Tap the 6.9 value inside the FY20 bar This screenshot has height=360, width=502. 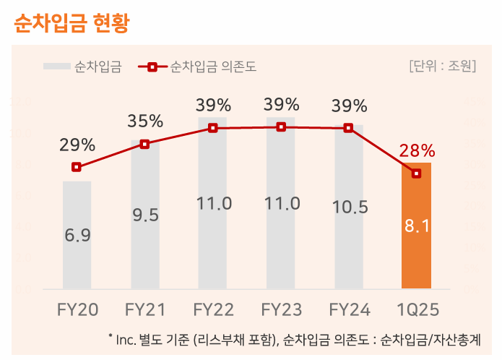(x=77, y=235)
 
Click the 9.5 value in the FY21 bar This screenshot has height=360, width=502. (x=145, y=215)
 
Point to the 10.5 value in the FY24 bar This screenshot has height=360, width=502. (x=350, y=207)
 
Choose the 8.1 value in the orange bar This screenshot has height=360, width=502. (x=417, y=226)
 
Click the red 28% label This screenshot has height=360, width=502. (x=417, y=151)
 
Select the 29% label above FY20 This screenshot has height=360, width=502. (x=77, y=145)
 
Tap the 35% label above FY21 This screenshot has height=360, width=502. (x=145, y=121)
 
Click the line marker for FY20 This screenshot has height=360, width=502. (x=77, y=167)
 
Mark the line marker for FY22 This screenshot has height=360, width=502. (x=213, y=128)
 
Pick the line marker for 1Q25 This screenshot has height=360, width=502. (x=417, y=173)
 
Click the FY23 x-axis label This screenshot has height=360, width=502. (x=281, y=310)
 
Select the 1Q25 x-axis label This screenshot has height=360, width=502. (x=417, y=310)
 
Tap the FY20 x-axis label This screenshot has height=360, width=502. (x=77, y=310)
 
